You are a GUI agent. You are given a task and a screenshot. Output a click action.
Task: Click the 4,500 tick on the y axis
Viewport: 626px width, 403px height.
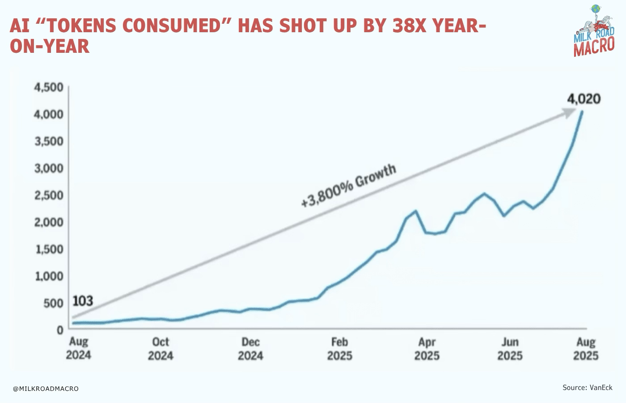click(x=49, y=87)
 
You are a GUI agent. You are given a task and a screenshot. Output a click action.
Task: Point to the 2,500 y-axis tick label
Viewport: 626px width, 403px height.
click(x=49, y=195)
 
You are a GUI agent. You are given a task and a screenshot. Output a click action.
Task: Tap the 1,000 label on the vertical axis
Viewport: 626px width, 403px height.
click(x=49, y=276)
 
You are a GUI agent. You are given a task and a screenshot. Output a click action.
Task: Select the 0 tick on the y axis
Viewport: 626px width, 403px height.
click(x=59, y=330)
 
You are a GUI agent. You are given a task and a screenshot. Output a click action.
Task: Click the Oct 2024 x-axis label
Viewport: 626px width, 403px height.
click(x=161, y=349)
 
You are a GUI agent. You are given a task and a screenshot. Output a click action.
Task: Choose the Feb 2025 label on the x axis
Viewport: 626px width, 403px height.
click(x=339, y=349)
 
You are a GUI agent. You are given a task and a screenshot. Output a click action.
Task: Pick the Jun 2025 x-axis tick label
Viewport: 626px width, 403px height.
click(x=510, y=349)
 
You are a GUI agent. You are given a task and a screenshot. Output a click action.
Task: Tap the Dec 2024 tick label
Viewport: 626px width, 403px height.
click(x=250, y=349)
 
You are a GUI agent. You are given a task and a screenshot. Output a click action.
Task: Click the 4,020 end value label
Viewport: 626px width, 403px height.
click(x=584, y=99)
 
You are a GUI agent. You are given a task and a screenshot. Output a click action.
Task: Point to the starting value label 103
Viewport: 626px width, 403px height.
click(x=83, y=301)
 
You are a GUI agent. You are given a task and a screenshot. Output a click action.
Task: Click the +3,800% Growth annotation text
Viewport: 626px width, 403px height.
click(x=349, y=185)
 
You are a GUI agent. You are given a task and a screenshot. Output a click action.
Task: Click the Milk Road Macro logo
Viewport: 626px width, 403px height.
click(x=594, y=31)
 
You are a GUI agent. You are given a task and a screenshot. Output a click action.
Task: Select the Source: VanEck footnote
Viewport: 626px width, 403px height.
click(x=587, y=387)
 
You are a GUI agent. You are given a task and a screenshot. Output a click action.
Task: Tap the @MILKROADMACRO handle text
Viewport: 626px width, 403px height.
click(x=46, y=389)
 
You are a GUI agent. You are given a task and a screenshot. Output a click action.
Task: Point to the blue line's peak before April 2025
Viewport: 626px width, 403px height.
click(x=415, y=211)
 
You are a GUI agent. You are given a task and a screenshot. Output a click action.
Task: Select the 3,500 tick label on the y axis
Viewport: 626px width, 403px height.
click(x=49, y=141)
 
